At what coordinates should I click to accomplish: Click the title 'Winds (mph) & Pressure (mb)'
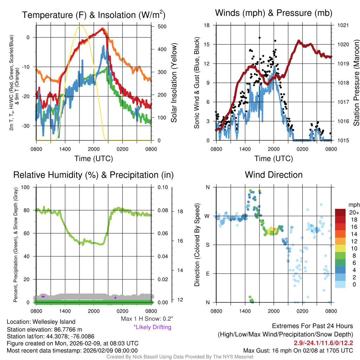tap(274, 13)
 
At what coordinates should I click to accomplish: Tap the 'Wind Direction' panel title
tap(274, 175)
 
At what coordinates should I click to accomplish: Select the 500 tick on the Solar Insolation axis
tap(162, 26)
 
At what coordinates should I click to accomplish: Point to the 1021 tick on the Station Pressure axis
tap(343, 25)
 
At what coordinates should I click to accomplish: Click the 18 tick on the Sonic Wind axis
tap(207, 25)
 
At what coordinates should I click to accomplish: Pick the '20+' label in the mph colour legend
tap(353, 212)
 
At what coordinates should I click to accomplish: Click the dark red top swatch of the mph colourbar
tap(341, 212)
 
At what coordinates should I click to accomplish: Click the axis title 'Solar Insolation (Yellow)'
tap(174, 83)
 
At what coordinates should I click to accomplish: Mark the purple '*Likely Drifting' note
tap(152, 327)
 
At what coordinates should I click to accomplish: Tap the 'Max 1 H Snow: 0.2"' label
tap(147, 319)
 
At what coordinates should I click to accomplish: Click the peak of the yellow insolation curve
tap(81, 26)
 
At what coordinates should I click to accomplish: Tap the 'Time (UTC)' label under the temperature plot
tap(94, 159)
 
